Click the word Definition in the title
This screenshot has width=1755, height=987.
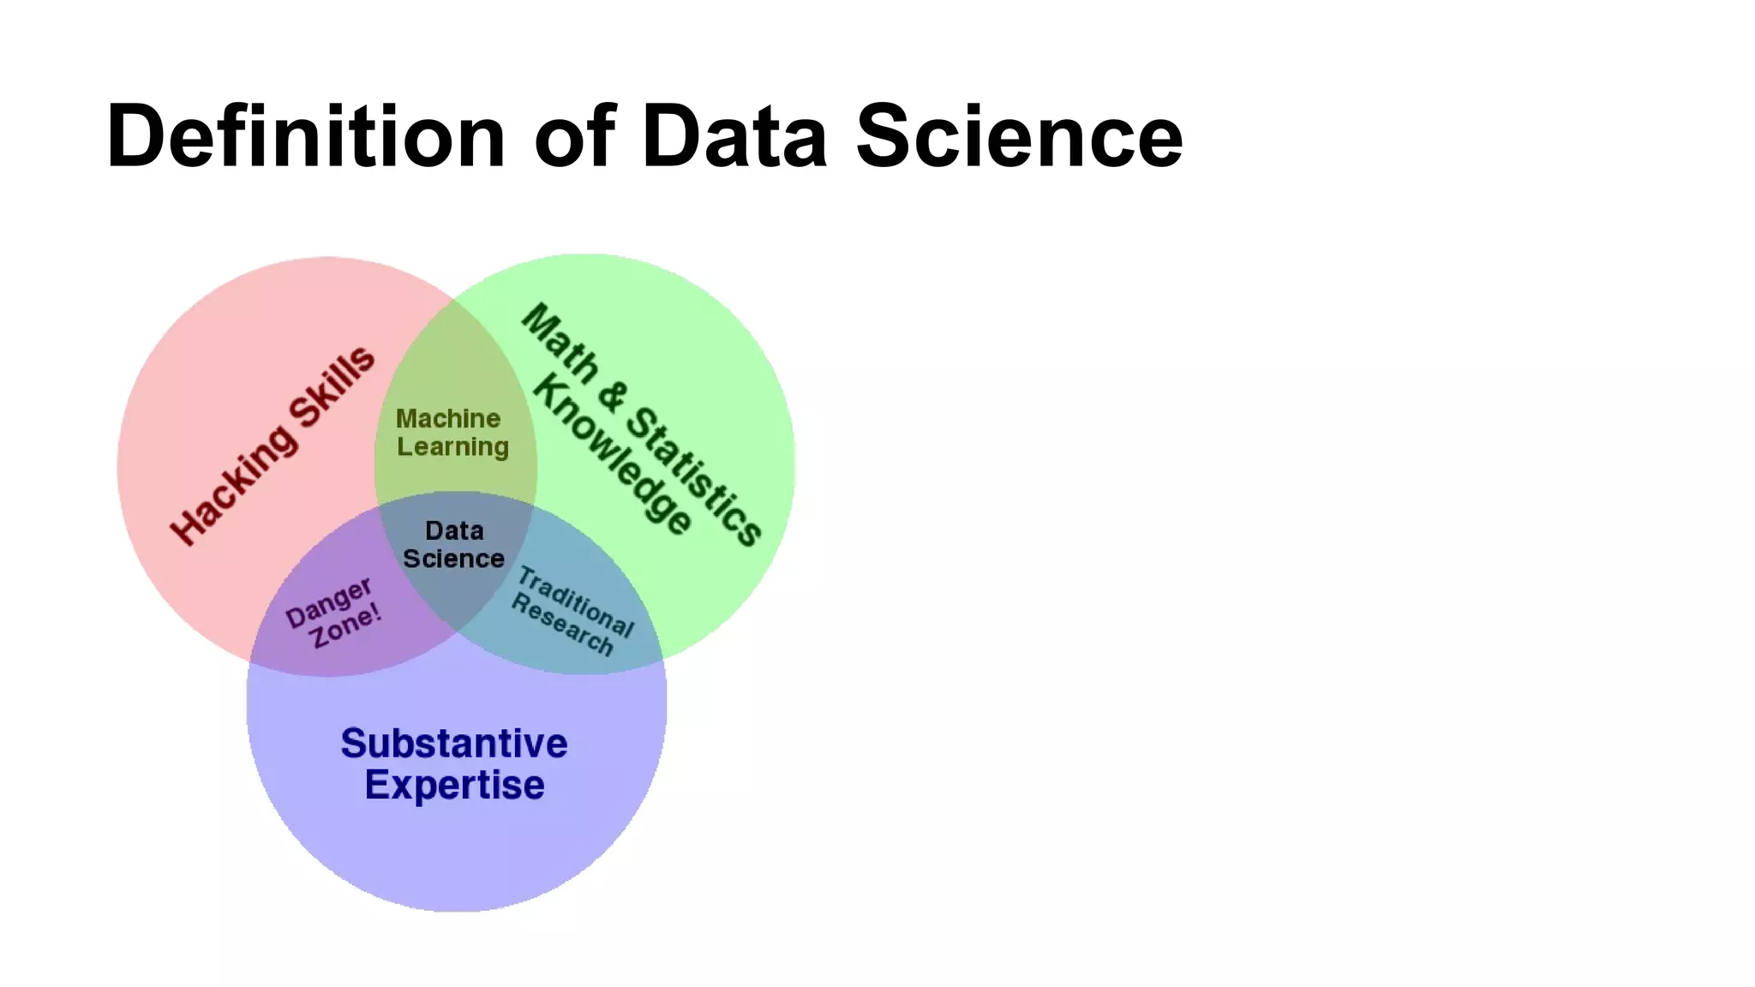[306, 137]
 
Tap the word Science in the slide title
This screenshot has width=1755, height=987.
[1019, 137]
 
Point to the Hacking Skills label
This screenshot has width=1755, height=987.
[273, 446]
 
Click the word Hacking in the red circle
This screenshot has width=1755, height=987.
[234, 483]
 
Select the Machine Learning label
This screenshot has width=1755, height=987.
[452, 433]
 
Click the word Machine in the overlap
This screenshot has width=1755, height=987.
[448, 419]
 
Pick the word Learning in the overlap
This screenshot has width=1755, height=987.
[452, 447]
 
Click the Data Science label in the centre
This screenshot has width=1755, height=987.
[453, 545]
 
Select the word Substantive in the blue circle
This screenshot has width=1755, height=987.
[454, 744]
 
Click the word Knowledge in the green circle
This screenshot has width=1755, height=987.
[612, 454]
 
